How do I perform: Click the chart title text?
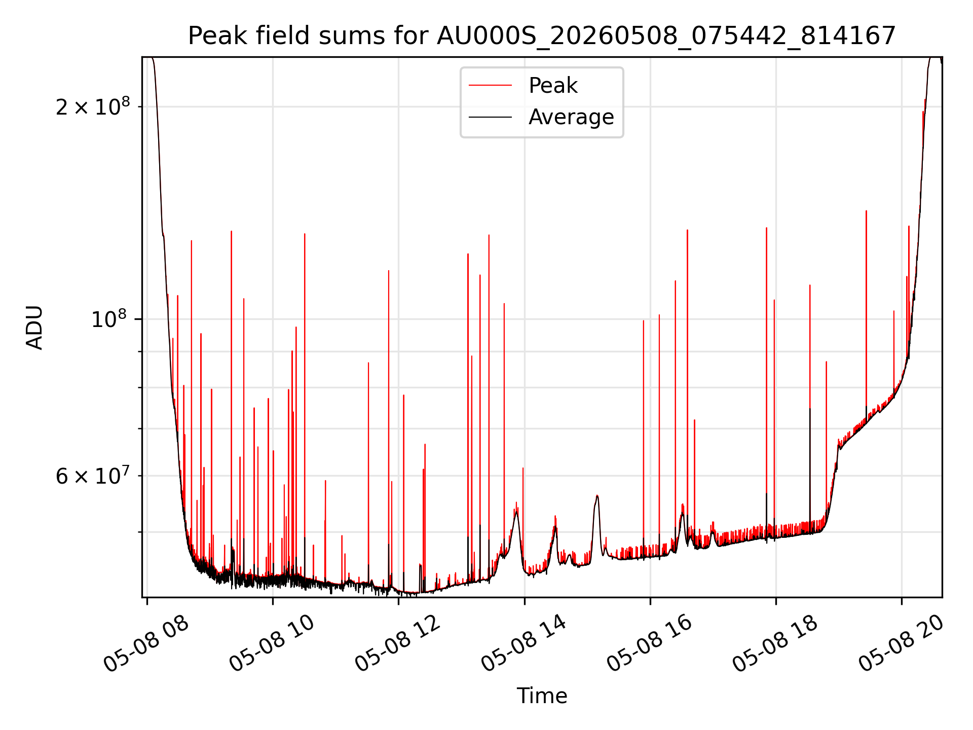point(542,36)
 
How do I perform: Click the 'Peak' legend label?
point(553,86)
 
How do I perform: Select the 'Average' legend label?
point(571,117)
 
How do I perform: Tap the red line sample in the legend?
point(490,86)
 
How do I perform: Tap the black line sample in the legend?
point(490,117)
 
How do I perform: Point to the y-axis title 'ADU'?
point(34,327)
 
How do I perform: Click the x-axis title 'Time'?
point(542,696)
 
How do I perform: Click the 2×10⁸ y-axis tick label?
point(93,106)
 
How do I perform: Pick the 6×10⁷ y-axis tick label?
point(93,476)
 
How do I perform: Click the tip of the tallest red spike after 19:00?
point(866,211)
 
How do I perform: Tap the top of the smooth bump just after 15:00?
point(597,496)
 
